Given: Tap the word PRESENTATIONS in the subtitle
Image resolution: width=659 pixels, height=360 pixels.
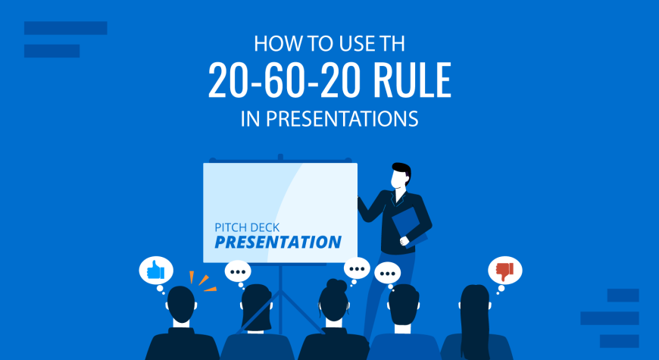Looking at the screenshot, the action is (342, 118).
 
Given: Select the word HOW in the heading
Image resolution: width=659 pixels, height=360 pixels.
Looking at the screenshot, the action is (269, 44).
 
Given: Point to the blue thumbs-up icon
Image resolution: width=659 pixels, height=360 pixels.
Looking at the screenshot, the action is (155, 270).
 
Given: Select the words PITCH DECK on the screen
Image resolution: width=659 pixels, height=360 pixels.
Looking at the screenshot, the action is (247, 227).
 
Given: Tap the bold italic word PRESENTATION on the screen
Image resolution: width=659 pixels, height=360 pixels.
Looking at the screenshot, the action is (278, 242).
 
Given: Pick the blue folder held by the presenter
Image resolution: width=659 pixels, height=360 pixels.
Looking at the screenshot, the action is (409, 227).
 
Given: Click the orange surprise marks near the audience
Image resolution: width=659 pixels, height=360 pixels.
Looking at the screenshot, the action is (201, 281).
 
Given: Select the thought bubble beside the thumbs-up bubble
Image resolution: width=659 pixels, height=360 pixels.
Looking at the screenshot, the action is (238, 272).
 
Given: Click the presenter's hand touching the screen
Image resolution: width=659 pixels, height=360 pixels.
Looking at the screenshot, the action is (360, 200).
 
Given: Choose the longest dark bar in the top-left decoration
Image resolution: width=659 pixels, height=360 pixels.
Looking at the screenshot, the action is (66, 28).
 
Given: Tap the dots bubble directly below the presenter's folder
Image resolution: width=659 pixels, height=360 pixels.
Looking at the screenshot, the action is (387, 274).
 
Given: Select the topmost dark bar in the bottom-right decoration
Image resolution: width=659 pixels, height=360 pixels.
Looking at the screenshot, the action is (623, 296).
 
